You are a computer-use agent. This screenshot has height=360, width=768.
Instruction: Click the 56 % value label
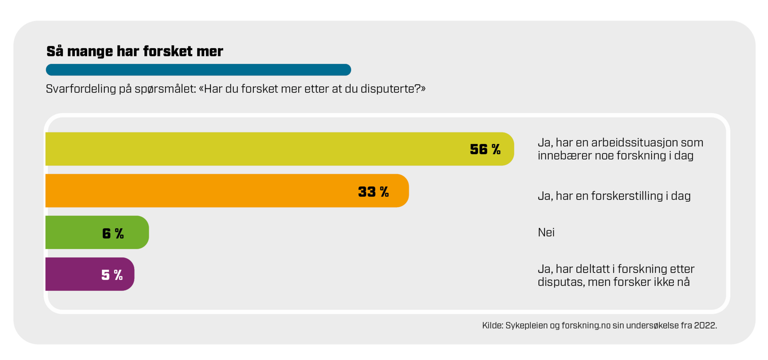click(x=485, y=149)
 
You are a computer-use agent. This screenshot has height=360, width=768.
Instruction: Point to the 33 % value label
click(x=373, y=192)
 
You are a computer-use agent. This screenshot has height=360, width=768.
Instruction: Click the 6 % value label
click(x=113, y=233)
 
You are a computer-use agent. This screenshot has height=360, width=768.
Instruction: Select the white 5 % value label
click(x=112, y=275)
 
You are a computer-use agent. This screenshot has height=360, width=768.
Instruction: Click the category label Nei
click(x=546, y=232)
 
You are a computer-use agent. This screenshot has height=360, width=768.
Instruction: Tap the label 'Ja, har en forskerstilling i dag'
click(x=614, y=196)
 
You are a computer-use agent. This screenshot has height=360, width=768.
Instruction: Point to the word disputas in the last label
click(x=561, y=282)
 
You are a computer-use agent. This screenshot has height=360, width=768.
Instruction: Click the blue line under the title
click(x=198, y=70)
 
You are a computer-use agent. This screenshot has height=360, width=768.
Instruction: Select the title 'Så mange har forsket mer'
click(x=134, y=51)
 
